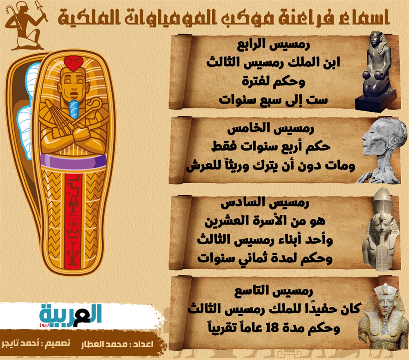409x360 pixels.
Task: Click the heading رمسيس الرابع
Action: point(273,45)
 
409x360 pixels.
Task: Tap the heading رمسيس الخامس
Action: point(270,128)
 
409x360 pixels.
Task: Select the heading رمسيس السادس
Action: point(265,202)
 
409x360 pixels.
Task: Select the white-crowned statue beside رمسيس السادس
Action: point(380,230)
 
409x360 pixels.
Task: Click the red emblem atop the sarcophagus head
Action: point(73,63)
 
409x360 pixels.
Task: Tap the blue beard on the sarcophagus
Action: point(74,110)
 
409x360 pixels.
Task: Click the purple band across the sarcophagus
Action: point(74,161)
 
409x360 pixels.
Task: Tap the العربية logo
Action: point(70,317)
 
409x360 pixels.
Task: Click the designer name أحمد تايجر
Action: point(18,343)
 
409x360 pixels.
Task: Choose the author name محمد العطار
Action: point(104,344)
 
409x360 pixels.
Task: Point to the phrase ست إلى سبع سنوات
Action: point(273,100)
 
